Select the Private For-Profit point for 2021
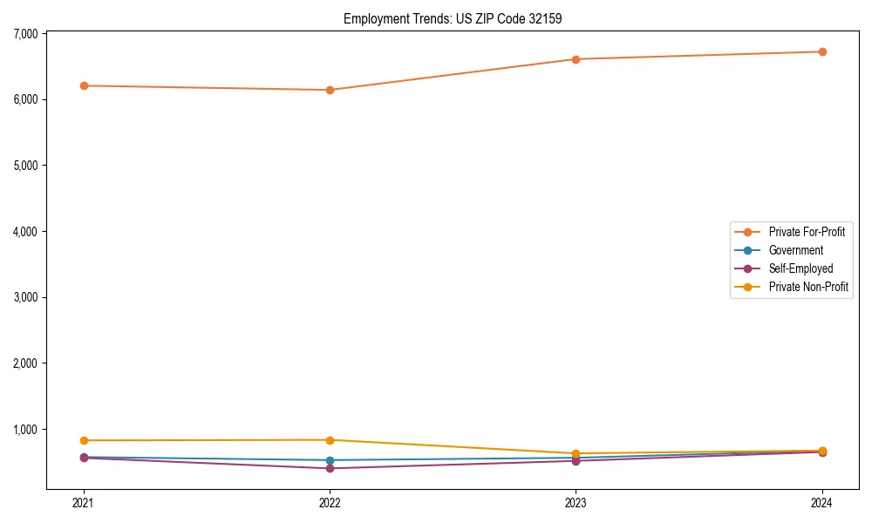click(x=84, y=85)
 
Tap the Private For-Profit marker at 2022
click(x=330, y=90)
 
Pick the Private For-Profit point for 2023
click(x=576, y=59)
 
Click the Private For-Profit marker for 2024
click(x=822, y=51)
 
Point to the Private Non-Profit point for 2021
click(x=84, y=440)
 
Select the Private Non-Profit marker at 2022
click(x=330, y=440)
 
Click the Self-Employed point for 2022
click(x=330, y=468)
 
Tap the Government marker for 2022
click(x=330, y=460)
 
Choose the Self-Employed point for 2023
click(x=576, y=460)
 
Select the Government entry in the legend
click(x=795, y=250)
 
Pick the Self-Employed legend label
click(x=800, y=268)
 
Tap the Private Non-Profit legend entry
click(x=808, y=287)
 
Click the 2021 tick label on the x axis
click(x=84, y=502)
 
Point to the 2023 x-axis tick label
click(x=576, y=502)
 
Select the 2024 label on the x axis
click(x=822, y=502)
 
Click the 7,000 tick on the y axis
click(x=25, y=33)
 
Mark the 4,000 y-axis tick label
click(x=25, y=231)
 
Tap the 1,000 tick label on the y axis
click(x=25, y=429)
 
